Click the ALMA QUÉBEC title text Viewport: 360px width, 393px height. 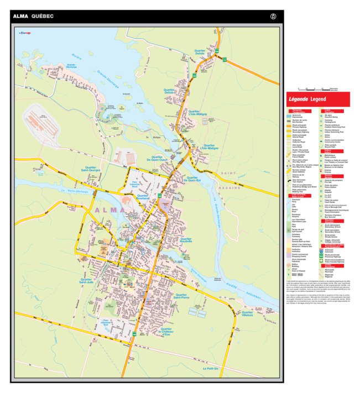[33, 17]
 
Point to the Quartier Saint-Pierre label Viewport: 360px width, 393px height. [181, 296]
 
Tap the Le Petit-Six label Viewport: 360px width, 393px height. [211, 369]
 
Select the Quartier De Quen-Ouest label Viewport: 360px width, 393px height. [157, 158]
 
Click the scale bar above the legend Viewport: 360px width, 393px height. [317, 88]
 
